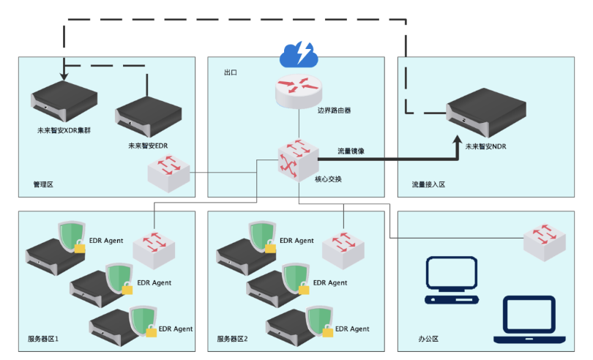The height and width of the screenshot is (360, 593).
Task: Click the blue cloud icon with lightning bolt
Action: [298, 53]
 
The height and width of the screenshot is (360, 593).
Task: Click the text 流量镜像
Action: [351, 151]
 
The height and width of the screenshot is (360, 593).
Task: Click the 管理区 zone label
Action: [44, 184]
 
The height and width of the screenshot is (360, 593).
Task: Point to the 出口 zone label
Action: [231, 73]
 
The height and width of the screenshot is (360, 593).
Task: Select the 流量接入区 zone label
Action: [428, 184]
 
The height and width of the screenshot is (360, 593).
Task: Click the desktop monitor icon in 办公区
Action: [452, 279]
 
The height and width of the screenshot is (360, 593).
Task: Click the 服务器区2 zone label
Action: [233, 339]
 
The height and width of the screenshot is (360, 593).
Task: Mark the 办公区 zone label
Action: [428, 339]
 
